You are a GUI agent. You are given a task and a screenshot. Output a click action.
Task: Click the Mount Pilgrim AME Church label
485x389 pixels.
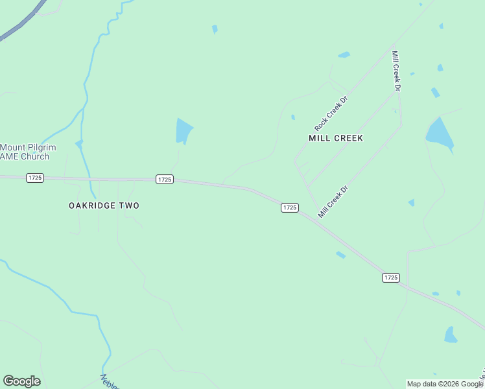(x=28, y=152)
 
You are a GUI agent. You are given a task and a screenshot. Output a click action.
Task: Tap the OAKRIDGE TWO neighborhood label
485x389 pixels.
(x=104, y=206)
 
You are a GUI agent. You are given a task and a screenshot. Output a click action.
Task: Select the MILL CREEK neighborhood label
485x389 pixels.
(x=335, y=138)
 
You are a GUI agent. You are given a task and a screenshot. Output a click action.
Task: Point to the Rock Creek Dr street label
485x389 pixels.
(x=331, y=112)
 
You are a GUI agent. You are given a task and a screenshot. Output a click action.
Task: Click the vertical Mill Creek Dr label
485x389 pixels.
(x=396, y=70)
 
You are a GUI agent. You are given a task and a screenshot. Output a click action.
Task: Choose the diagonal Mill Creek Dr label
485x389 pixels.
(x=333, y=201)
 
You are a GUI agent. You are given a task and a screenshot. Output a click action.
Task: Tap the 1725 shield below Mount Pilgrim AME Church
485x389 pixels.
(x=35, y=178)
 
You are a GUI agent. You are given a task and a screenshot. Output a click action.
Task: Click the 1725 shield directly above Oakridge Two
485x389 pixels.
(x=165, y=180)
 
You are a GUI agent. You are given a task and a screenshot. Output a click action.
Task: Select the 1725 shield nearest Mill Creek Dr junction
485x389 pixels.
(x=289, y=207)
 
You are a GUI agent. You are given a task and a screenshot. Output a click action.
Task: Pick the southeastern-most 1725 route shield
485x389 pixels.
(x=390, y=277)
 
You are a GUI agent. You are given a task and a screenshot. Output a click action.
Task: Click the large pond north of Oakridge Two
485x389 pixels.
(x=183, y=131)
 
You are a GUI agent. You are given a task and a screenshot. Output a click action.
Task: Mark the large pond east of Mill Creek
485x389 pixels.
(x=439, y=134)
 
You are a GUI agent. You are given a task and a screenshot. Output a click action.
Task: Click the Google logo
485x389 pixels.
(x=21, y=381)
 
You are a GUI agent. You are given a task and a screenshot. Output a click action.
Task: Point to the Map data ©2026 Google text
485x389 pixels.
(x=445, y=384)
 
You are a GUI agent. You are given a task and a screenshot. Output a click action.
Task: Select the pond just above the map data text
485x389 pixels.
(x=450, y=335)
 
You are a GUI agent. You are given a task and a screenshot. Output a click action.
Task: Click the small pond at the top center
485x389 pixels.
(x=215, y=29)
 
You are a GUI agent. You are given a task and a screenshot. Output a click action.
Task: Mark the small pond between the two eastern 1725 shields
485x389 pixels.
(x=340, y=255)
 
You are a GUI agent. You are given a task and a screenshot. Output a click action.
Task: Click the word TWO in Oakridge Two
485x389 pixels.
(x=128, y=206)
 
